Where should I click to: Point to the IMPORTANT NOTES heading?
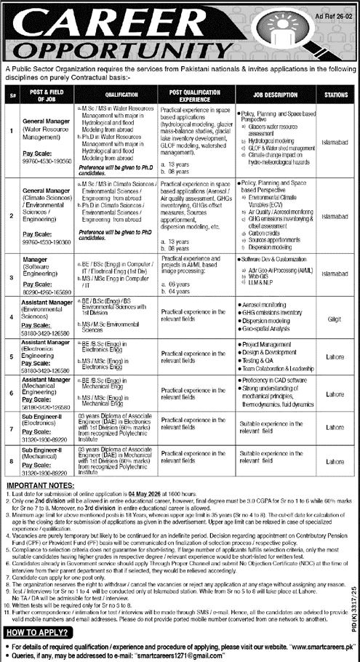click(x=42, y=484)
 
